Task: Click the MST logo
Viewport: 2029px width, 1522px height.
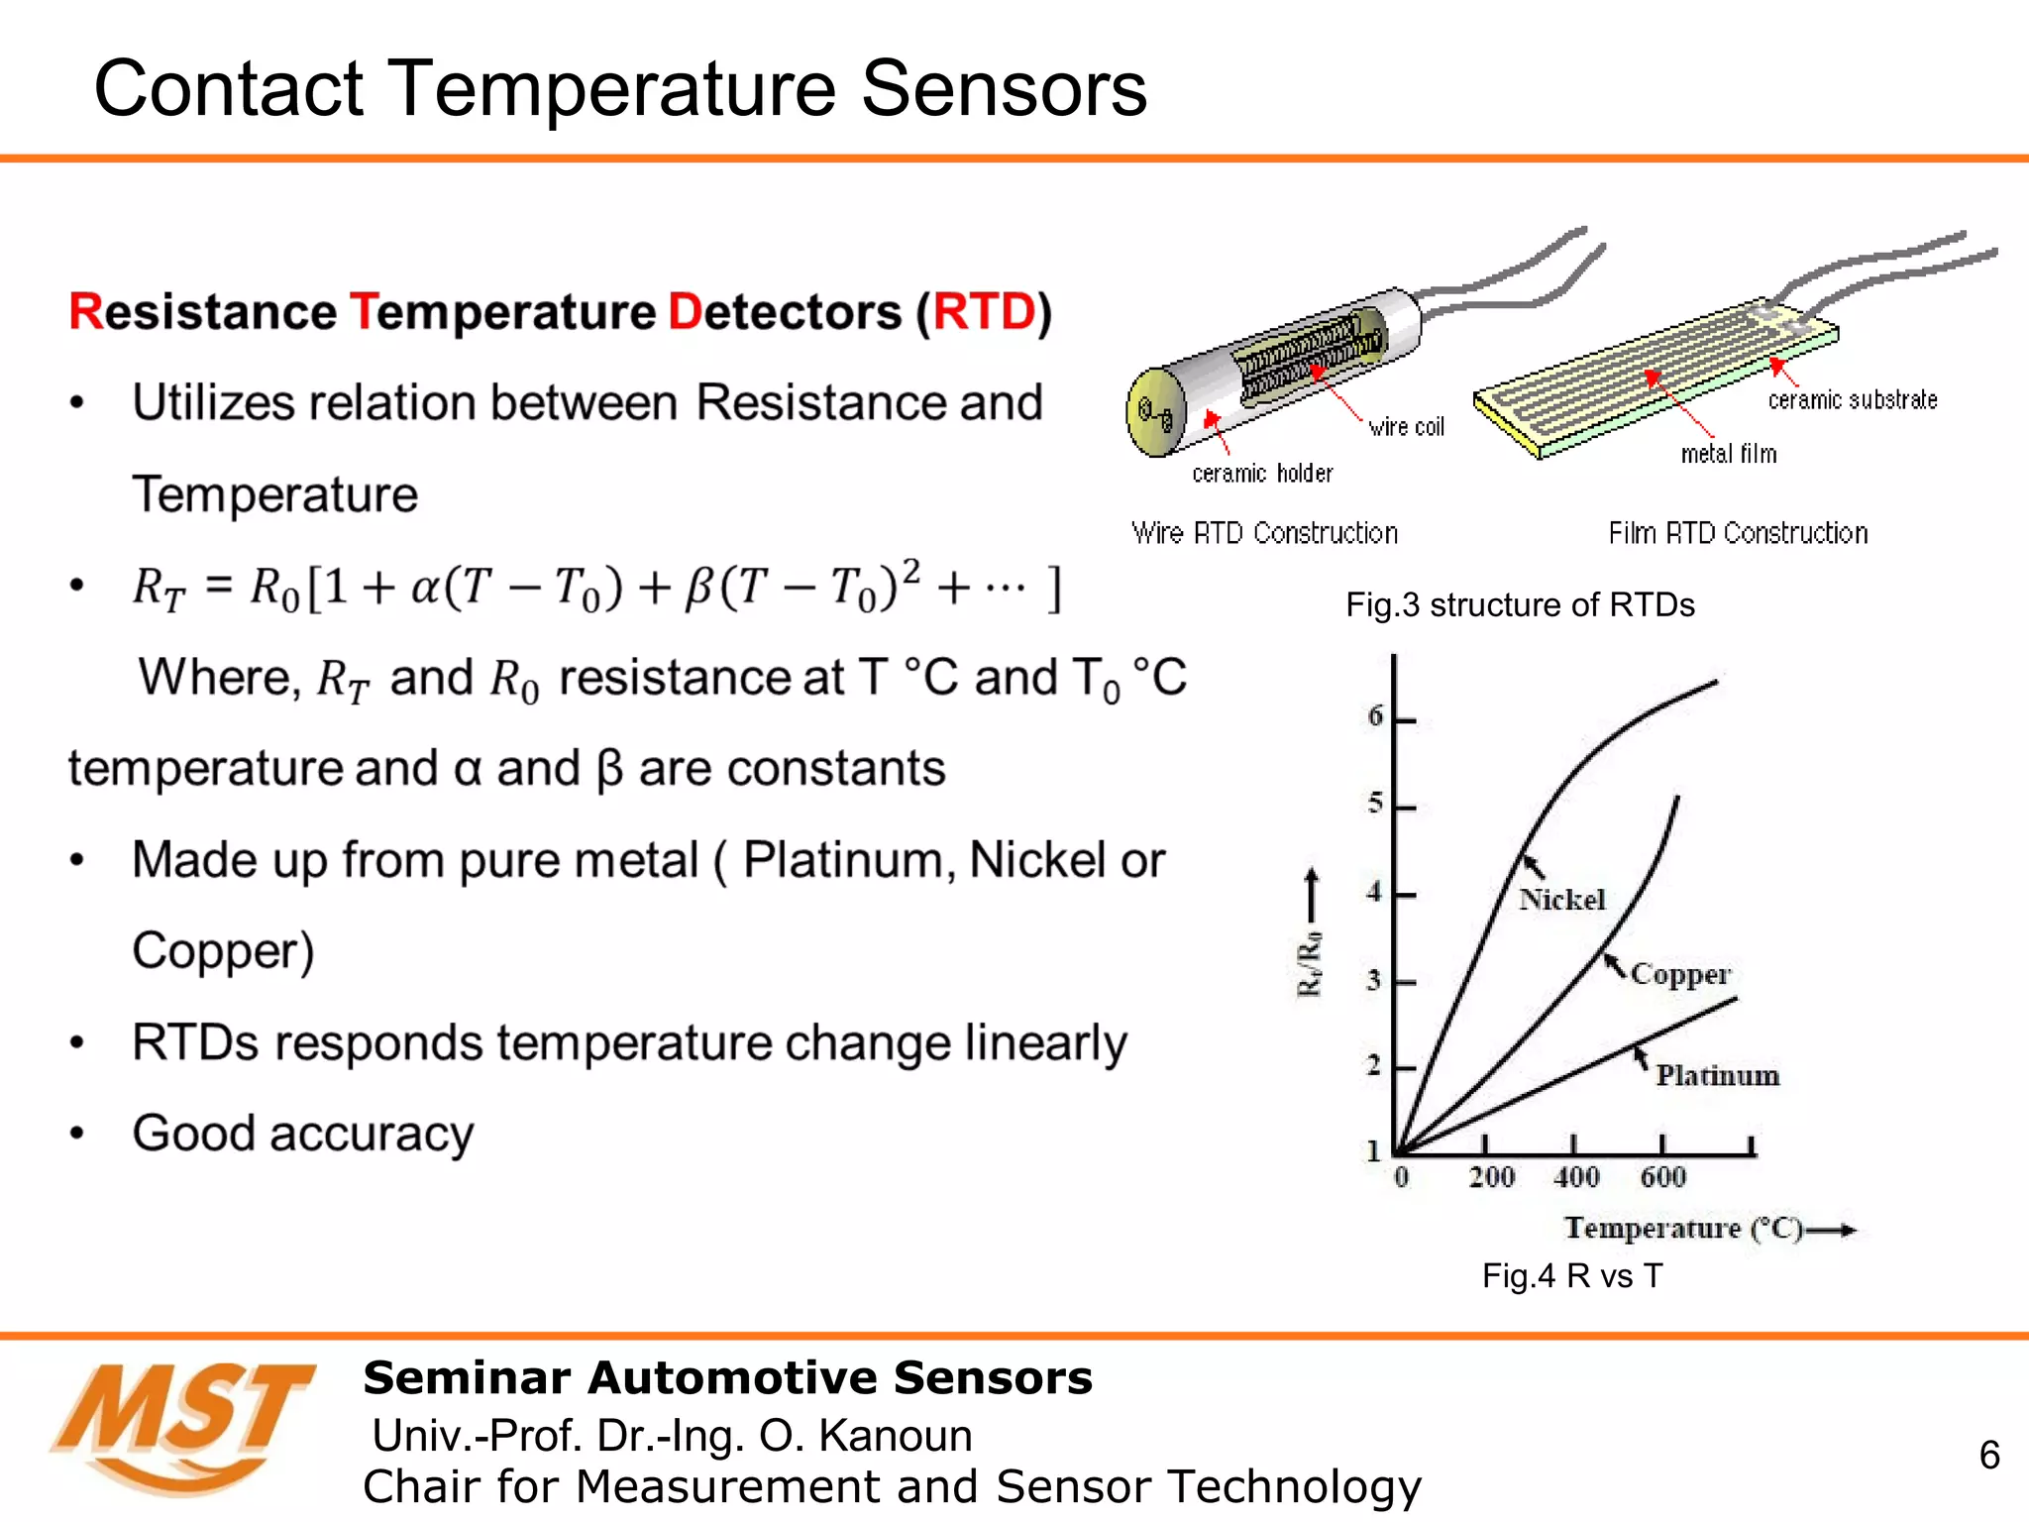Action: tap(183, 1427)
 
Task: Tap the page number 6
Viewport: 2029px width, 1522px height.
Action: tap(1988, 1455)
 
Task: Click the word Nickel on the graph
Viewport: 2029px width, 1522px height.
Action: tap(1561, 900)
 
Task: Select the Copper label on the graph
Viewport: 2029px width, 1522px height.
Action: tap(1680, 975)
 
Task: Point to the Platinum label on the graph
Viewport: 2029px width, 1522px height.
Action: tap(1717, 1076)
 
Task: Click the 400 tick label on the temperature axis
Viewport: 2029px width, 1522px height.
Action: tap(1575, 1177)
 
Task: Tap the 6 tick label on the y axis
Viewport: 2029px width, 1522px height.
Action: tap(1375, 715)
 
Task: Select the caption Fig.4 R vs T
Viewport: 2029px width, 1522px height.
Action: tap(1571, 1276)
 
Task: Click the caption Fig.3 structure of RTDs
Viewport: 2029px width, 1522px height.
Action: tap(1520, 605)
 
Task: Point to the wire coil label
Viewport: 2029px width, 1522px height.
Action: tap(1406, 427)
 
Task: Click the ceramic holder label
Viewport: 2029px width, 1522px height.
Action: tap(1262, 474)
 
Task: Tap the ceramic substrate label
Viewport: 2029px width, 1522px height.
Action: tap(1852, 400)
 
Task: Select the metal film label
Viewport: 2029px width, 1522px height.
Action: tap(1728, 454)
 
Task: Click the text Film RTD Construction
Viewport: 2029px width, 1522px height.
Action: tap(1738, 533)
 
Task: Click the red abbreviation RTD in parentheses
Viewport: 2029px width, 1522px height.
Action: tap(983, 312)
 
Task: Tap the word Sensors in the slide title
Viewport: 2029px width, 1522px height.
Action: tap(1003, 89)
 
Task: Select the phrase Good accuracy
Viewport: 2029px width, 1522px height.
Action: tap(303, 1134)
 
